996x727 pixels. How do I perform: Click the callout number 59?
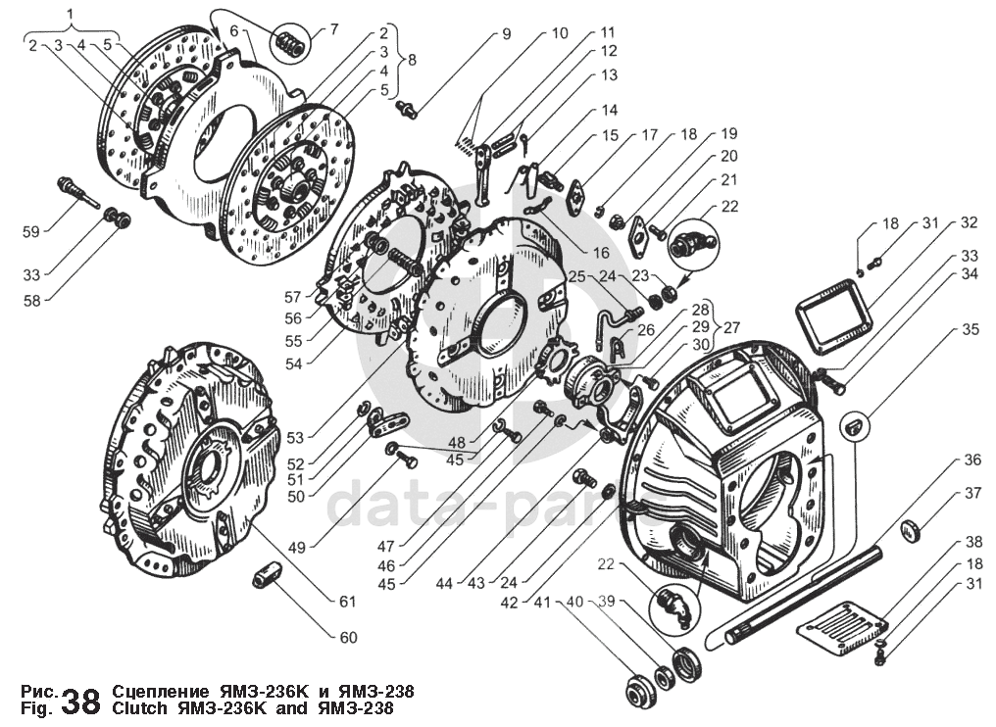pos(30,232)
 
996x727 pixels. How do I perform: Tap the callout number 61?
pos(347,601)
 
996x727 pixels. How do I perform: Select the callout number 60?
pos(348,638)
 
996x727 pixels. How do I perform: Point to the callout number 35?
pos(971,330)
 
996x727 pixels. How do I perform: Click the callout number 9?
pos(506,34)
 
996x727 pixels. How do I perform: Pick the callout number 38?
pos(973,542)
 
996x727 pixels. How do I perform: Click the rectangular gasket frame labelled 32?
pos(832,313)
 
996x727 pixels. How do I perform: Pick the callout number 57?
pos(292,297)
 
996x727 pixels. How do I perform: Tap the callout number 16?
pos(600,253)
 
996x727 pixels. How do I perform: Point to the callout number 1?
pos(71,14)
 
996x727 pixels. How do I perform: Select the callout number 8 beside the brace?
pos(412,60)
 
